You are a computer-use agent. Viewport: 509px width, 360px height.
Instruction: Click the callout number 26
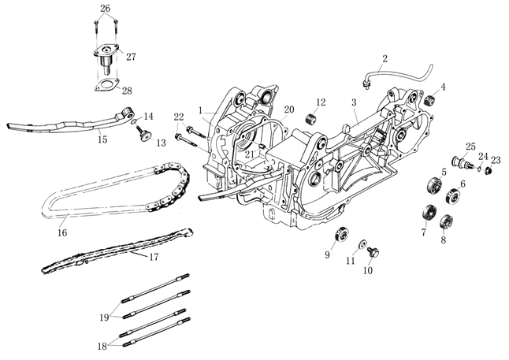[x=106, y=8]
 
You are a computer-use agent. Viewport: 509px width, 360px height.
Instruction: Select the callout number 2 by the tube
[x=385, y=58]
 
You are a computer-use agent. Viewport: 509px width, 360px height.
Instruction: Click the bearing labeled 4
[x=430, y=101]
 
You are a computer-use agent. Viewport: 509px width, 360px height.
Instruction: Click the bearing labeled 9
[x=341, y=235]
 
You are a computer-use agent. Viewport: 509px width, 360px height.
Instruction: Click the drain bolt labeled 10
[x=362, y=244]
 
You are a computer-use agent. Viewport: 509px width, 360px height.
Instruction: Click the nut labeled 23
[x=489, y=171]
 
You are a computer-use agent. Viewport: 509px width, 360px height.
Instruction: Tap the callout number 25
[x=470, y=147]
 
